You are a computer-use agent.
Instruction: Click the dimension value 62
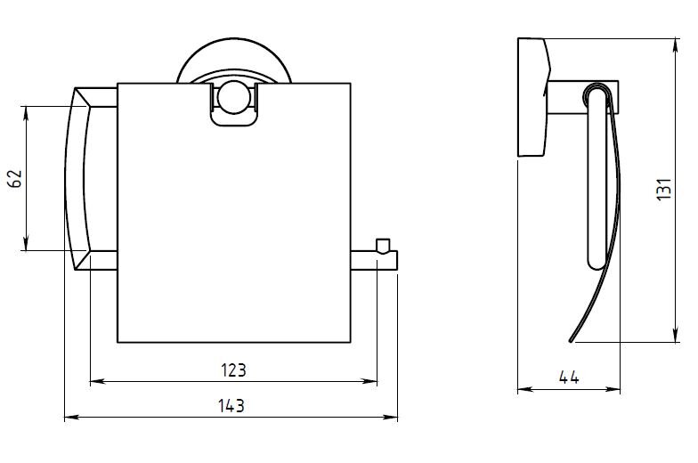[16, 178]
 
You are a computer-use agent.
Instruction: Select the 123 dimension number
[233, 370]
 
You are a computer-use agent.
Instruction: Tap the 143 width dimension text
[231, 406]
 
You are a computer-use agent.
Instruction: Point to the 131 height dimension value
[664, 189]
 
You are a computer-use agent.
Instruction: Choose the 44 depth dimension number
[569, 378]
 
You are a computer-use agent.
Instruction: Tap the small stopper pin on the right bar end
[383, 246]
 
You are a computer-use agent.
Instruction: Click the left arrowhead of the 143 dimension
[71, 417]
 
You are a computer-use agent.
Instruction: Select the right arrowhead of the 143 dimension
[390, 417]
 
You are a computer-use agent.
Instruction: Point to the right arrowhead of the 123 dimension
[370, 381]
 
